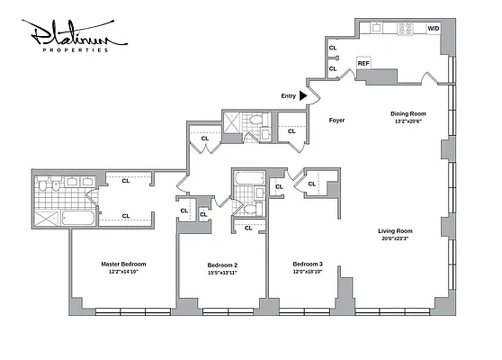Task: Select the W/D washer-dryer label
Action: (434, 29)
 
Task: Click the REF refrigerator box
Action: (363, 64)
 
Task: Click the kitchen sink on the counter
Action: (375, 29)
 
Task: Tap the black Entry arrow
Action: (304, 94)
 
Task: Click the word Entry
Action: (288, 94)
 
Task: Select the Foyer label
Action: (336, 120)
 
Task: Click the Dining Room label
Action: (408, 113)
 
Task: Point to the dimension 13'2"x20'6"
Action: (408, 121)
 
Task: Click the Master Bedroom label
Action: (122, 264)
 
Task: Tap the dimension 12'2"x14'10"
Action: (122, 272)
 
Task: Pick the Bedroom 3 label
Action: (307, 264)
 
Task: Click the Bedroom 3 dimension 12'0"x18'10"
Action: (307, 272)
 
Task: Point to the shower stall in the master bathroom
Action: (43, 217)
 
